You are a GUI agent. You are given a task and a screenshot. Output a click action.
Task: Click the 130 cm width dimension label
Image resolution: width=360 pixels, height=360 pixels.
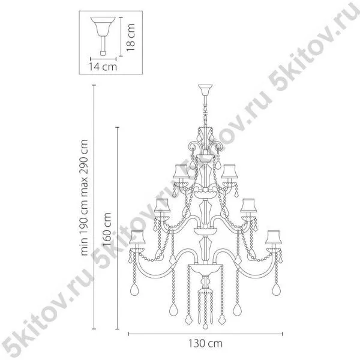click(x=205, y=344)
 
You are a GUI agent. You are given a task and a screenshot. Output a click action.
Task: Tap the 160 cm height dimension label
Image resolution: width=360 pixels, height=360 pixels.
click(x=107, y=230)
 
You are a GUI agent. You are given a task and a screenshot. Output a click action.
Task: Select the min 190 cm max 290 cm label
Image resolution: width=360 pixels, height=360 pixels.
click(x=84, y=197)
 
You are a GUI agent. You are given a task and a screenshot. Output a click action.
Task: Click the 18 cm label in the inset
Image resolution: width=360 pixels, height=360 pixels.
click(x=130, y=37)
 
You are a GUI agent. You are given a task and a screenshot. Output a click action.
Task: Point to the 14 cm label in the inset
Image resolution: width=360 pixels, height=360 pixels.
click(x=103, y=67)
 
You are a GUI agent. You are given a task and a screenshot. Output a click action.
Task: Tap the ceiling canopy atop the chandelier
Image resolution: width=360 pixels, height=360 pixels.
click(x=205, y=90)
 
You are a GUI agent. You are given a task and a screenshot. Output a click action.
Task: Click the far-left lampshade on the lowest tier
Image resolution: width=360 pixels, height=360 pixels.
click(x=137, y=237)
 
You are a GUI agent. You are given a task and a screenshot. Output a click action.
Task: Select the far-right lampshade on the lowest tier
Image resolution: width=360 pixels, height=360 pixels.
click(x=274, y=237)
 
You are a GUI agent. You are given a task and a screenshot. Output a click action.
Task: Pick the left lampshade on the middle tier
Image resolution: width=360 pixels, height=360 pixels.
click(x=162, y=205)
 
